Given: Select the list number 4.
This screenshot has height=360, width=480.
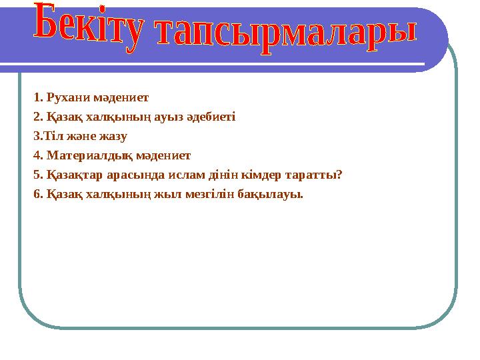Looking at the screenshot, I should (37, 156).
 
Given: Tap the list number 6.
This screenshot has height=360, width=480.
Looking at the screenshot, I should (37, 195).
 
